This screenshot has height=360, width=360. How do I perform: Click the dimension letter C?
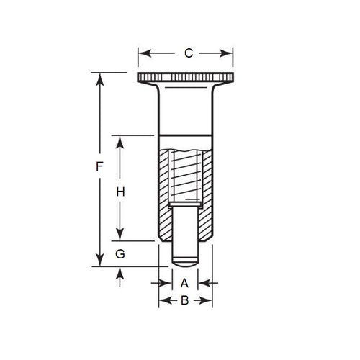tap(188, 53)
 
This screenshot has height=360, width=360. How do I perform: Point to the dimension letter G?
tap(121, 253)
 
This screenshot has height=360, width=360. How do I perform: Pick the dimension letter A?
tap(184, 284)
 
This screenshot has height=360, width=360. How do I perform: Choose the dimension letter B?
tap(184, 300)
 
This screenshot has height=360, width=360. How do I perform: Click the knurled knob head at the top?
tap(186, 77)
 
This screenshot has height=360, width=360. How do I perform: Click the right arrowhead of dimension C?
tap(230, 53)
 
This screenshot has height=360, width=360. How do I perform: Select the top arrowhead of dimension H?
tap(121, 140)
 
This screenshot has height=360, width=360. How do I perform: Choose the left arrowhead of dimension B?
tap(161, 300)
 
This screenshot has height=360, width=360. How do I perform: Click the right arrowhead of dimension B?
tap(210, 300)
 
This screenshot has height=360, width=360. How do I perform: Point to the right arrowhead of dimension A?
tap(203, 284)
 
